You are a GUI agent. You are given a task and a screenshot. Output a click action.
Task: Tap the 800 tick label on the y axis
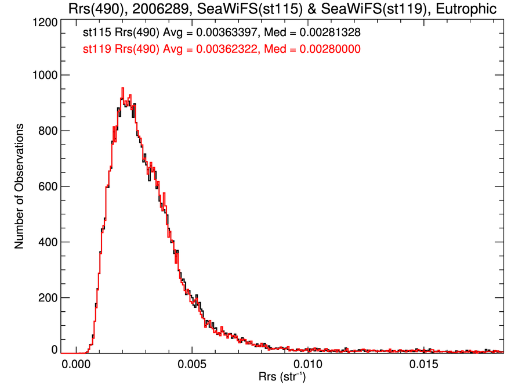coord(46,131)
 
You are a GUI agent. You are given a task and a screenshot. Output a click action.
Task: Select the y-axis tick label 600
coord(46,187)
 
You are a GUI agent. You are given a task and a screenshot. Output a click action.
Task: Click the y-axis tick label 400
coord(46,242)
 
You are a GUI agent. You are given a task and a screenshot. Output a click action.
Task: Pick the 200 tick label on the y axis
coord(46,298)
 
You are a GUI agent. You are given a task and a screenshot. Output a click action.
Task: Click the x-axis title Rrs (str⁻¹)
coord(282,378)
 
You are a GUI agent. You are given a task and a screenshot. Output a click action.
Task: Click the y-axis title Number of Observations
coord(20,186)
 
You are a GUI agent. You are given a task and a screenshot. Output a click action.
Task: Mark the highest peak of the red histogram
coord(122,88)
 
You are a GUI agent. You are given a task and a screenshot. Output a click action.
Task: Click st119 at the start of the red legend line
coord(96,50)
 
